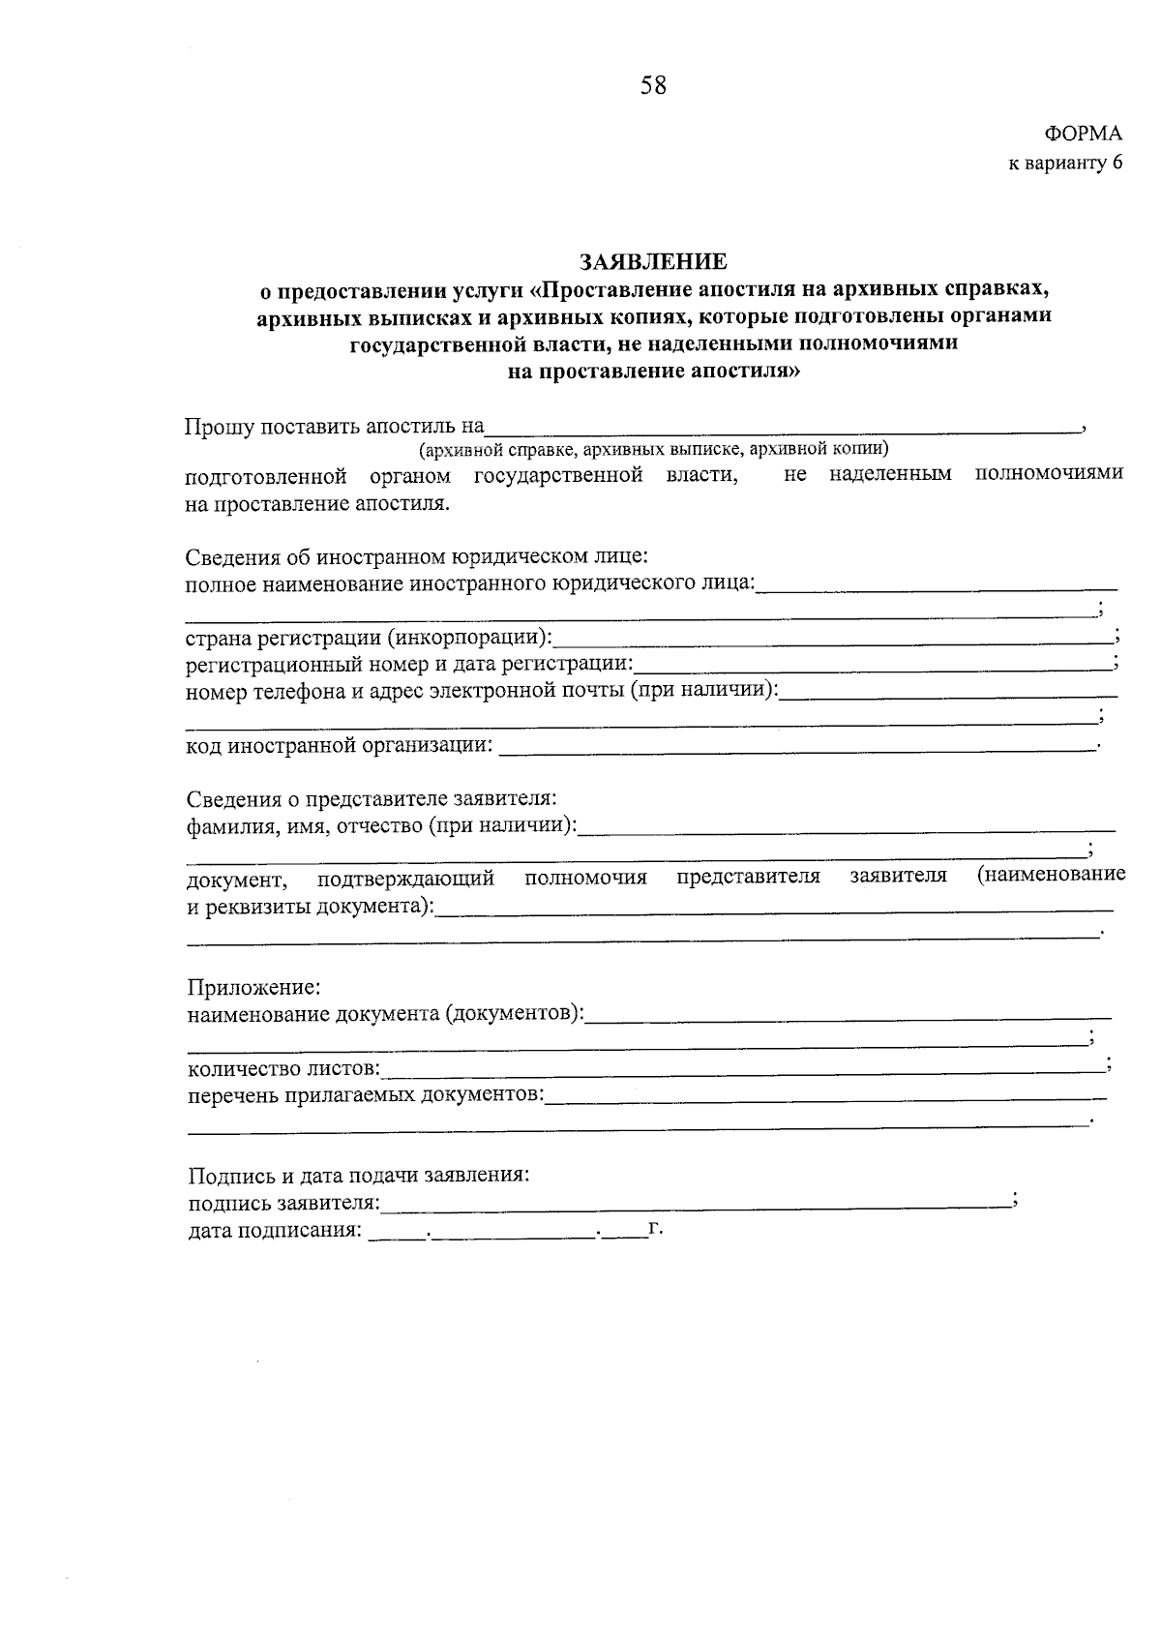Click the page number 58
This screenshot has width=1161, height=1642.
pyautogui.click(x=653, y=86)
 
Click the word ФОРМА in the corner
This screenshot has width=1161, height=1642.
pyautogui.click(x=1083, y=134)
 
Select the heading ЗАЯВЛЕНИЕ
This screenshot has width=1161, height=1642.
pyautogui.click(x=653, y=261)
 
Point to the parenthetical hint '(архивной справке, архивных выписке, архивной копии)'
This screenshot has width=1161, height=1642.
pyautogui.click(x=653, y=450)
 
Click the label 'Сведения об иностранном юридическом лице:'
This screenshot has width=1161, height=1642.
pyautogui.click(x=416, y=557)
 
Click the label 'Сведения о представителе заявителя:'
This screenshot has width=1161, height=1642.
pyautogui.click(x=372, y=799)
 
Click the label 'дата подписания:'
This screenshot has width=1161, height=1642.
pyautogui.click(x=275, y=1232)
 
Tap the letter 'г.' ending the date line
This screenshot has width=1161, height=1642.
pyautogui.click(x=655, y=1230)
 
